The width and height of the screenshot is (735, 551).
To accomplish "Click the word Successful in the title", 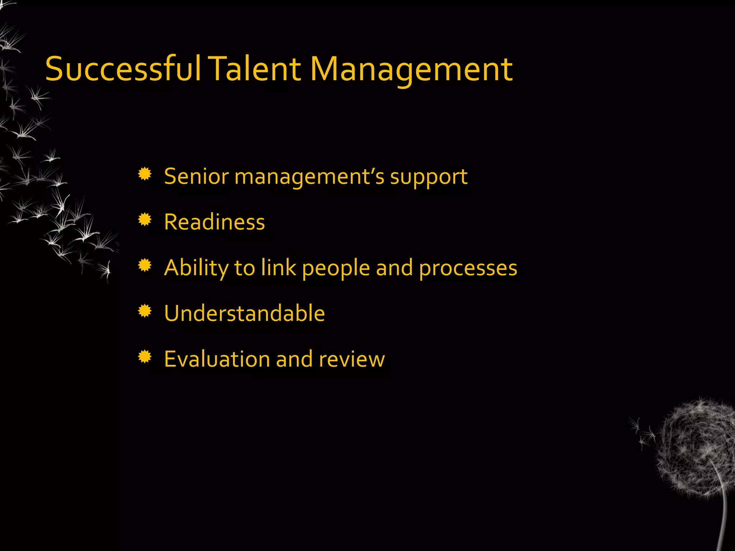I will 123,69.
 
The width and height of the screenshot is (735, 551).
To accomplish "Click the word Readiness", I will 214,222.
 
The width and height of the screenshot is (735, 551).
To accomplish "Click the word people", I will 336,268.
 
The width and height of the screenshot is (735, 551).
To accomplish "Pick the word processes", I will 468,268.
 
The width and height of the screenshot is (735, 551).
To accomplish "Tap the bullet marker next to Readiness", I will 145,220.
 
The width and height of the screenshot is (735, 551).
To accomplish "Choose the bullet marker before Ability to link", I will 145,265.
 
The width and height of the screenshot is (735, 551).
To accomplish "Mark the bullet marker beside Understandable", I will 145,311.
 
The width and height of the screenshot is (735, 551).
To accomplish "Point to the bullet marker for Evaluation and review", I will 145,357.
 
